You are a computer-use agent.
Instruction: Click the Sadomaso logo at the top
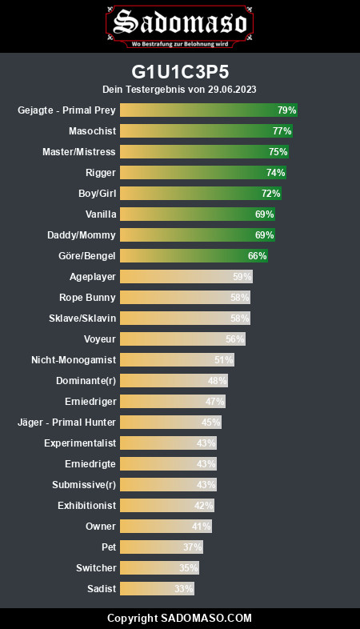(179, 26)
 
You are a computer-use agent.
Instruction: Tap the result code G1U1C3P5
(180, 72)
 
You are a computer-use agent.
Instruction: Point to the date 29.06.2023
(232, 89)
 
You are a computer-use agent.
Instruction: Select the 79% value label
(286, 110)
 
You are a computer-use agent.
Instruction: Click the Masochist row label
(92, 131)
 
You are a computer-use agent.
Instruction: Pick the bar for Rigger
(203, 173)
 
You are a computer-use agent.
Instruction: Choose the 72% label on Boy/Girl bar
(270, 194)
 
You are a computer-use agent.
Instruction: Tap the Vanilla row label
(101, 214)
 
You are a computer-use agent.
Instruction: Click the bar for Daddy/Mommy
(198, 235)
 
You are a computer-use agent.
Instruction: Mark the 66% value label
(257, 256)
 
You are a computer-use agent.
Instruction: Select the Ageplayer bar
(186, 277)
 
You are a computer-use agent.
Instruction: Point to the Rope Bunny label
(87, 298)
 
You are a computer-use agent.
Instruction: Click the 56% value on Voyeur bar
(234, 339)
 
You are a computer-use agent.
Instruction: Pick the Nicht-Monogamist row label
(74, 360)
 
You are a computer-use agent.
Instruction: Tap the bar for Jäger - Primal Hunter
(170, 423)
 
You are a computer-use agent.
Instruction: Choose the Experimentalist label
(80, 443)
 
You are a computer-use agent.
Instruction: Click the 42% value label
(203, 506)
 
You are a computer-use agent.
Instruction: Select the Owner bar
(166, 527)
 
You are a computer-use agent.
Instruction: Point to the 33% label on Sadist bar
(184, 589)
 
